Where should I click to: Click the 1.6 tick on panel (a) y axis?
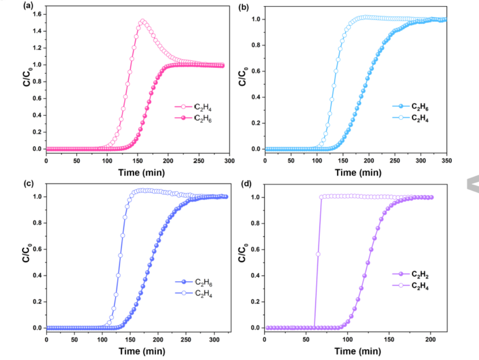click(37, 14)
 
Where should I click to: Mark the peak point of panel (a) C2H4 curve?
click(142, 21)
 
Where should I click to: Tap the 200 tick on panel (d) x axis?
click(431, 339)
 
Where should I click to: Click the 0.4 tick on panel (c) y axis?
click(37, 276)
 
